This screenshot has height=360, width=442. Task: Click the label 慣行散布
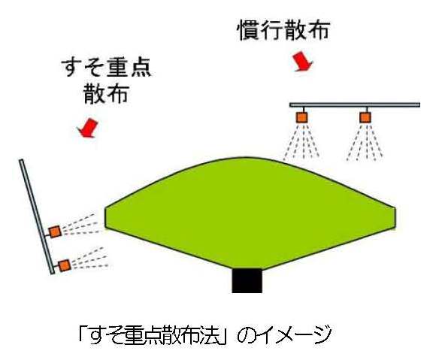pyautogui.click(x=284, y=29)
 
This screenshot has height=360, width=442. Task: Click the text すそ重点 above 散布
pyautogui.click(x=106, y=68)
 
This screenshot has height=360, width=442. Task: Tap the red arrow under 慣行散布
pyautogui.click(x=302, y=62)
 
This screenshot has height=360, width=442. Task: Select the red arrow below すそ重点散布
pyautogui.click(x=88, y=128)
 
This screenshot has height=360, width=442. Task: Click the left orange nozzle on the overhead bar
pyautogui.click(x=301, y=117)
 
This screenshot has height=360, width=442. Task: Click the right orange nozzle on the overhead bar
pyautogui.click(x=365, y=117)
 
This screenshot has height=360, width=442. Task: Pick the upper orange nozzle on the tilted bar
pyautogui.click(x=55, y=231)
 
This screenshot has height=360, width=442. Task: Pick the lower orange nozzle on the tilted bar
pyautogui.click(x=65, y=265)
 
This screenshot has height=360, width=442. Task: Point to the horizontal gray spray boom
pyautogui.click(x=355, y=105)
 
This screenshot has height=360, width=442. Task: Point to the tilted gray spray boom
pyautogui.click(x=37, y=216)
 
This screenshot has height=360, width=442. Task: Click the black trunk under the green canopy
pyautogui.click(x=247, y=280)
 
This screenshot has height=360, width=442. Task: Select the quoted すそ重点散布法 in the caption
pyautogui.click(x=156, y=334)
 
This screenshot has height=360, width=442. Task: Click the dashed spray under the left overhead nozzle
pyautogui.click(x=301, y=141)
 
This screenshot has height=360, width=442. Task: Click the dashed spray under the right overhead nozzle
pyautogui.click(x=365, y=141)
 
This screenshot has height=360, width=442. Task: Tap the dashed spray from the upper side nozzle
pyautogui.click(x=81, y=225)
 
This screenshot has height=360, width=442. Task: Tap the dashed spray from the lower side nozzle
pyautogui.click(x=89, y=257)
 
